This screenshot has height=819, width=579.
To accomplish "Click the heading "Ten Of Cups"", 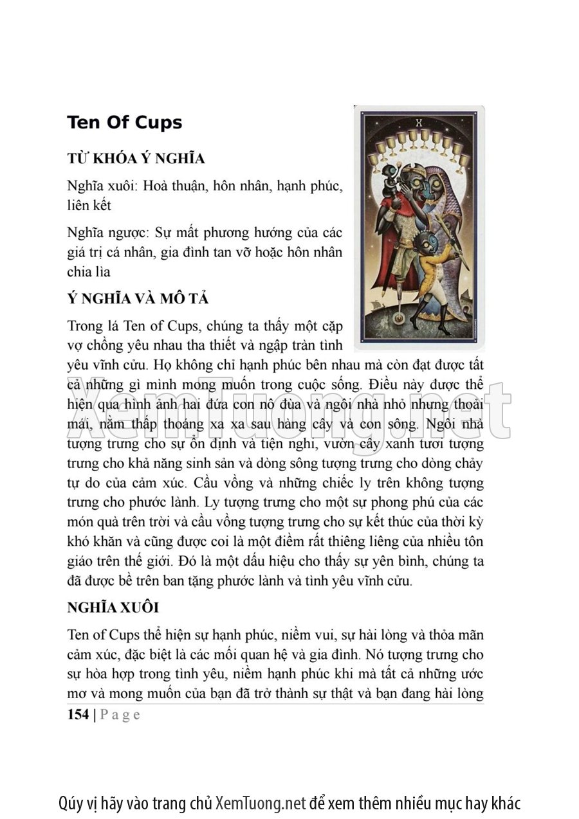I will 124,123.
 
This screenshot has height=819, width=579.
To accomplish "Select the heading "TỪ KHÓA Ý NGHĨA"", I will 136,159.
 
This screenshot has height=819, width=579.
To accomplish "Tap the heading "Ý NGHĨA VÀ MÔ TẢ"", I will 138,300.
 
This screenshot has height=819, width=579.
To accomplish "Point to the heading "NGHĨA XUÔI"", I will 113,607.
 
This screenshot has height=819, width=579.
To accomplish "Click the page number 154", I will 78,714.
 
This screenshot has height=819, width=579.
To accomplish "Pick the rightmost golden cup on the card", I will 463,160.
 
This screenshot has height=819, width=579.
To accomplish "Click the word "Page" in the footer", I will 120,714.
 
